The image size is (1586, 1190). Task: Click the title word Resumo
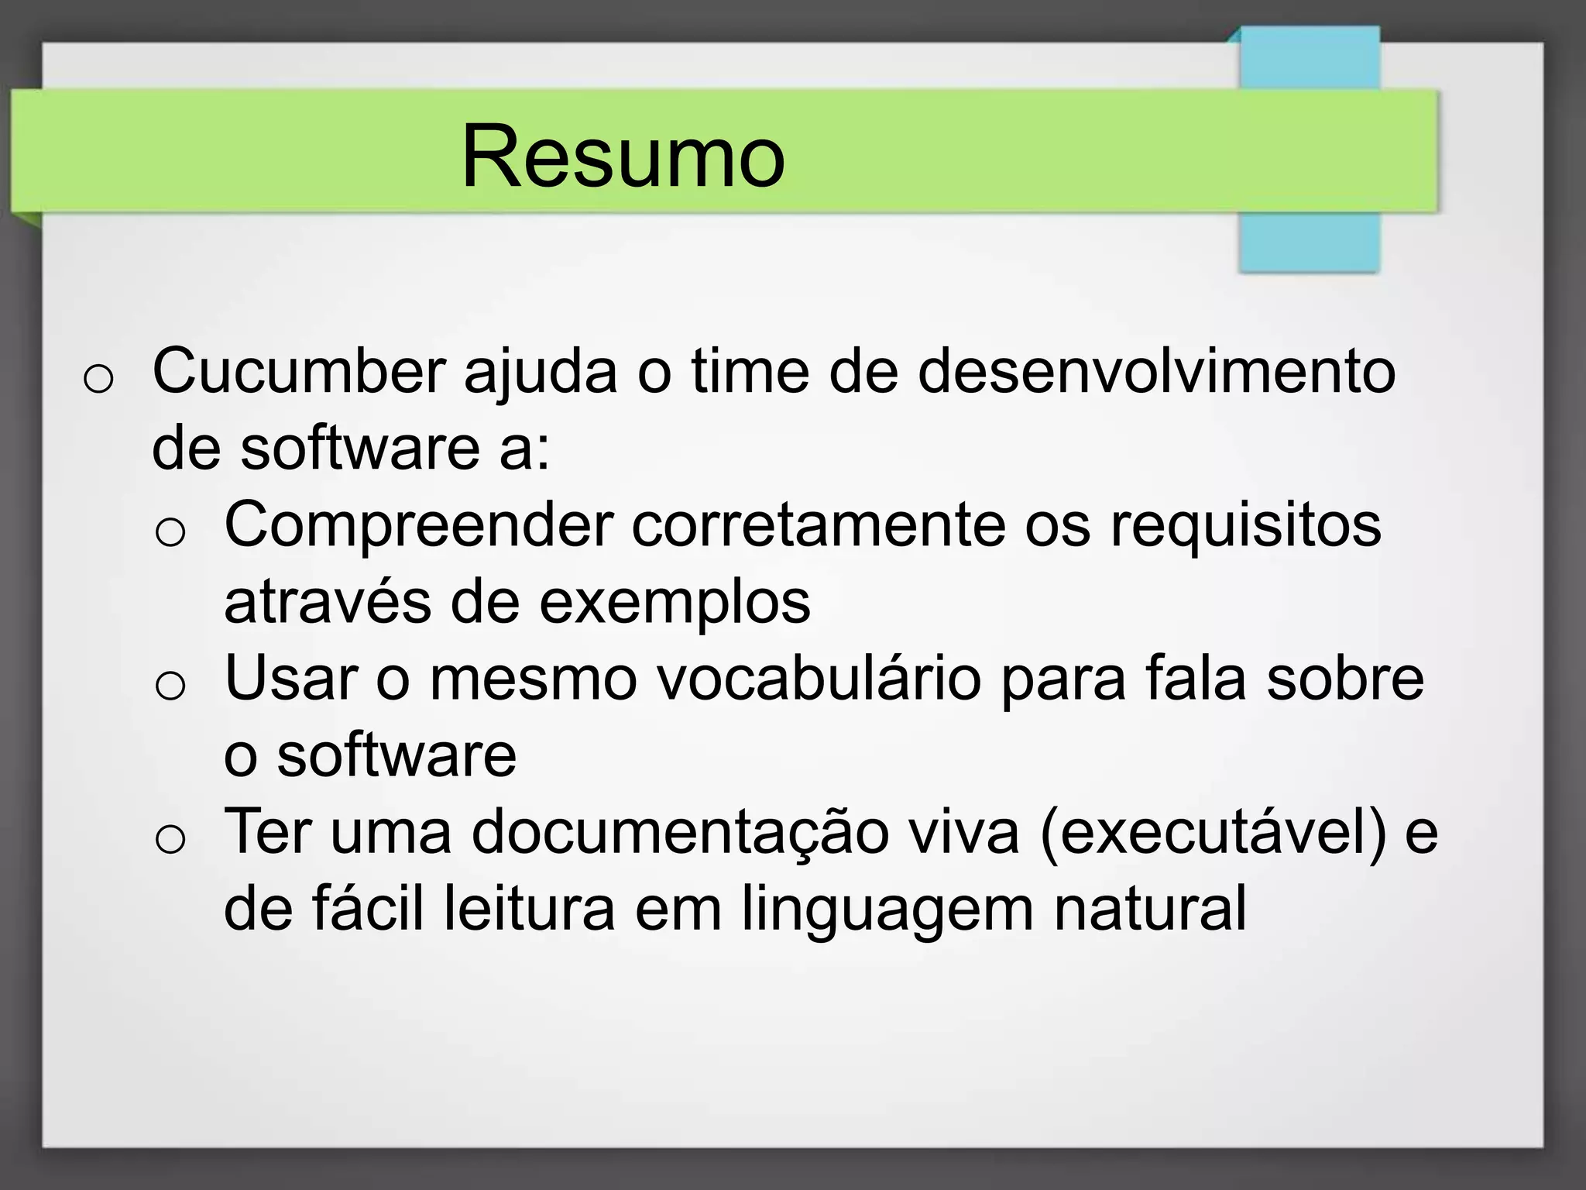[623, 157]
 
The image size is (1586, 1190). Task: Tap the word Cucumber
[299, 372]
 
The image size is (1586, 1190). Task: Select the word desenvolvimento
[1156, 372]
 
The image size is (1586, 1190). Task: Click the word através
[327, 603]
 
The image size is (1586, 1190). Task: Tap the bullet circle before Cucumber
[98, 380]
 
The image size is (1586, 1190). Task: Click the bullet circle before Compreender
[170, 533]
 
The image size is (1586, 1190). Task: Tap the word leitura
[529, 909]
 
